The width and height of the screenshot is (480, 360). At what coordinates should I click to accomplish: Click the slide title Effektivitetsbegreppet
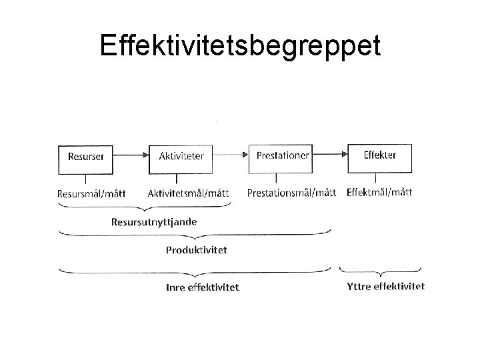click(240, 46)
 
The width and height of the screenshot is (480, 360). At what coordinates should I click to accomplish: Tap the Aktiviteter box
click(176, 157)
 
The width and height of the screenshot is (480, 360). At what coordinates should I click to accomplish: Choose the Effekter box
click(379, 157)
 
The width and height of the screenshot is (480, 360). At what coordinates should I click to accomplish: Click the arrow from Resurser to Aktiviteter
click(131, 155)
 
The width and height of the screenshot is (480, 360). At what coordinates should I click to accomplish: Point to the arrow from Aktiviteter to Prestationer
click(226, 155)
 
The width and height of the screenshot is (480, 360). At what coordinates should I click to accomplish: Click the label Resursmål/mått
click(92, 193)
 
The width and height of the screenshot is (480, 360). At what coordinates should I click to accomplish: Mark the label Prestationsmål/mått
click(291, 193)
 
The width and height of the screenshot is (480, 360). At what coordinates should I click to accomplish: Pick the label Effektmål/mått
click(379, 192)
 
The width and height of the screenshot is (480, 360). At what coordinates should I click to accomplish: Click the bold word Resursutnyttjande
click(154, 221)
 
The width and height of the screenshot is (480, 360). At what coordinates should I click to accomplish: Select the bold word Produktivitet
click(196, 250)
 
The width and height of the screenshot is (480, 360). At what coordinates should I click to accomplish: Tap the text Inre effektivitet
click(202, 287)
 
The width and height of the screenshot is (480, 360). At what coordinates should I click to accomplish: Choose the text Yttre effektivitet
click(385, 287)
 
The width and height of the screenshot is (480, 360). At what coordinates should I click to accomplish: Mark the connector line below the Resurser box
click(86, 178)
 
